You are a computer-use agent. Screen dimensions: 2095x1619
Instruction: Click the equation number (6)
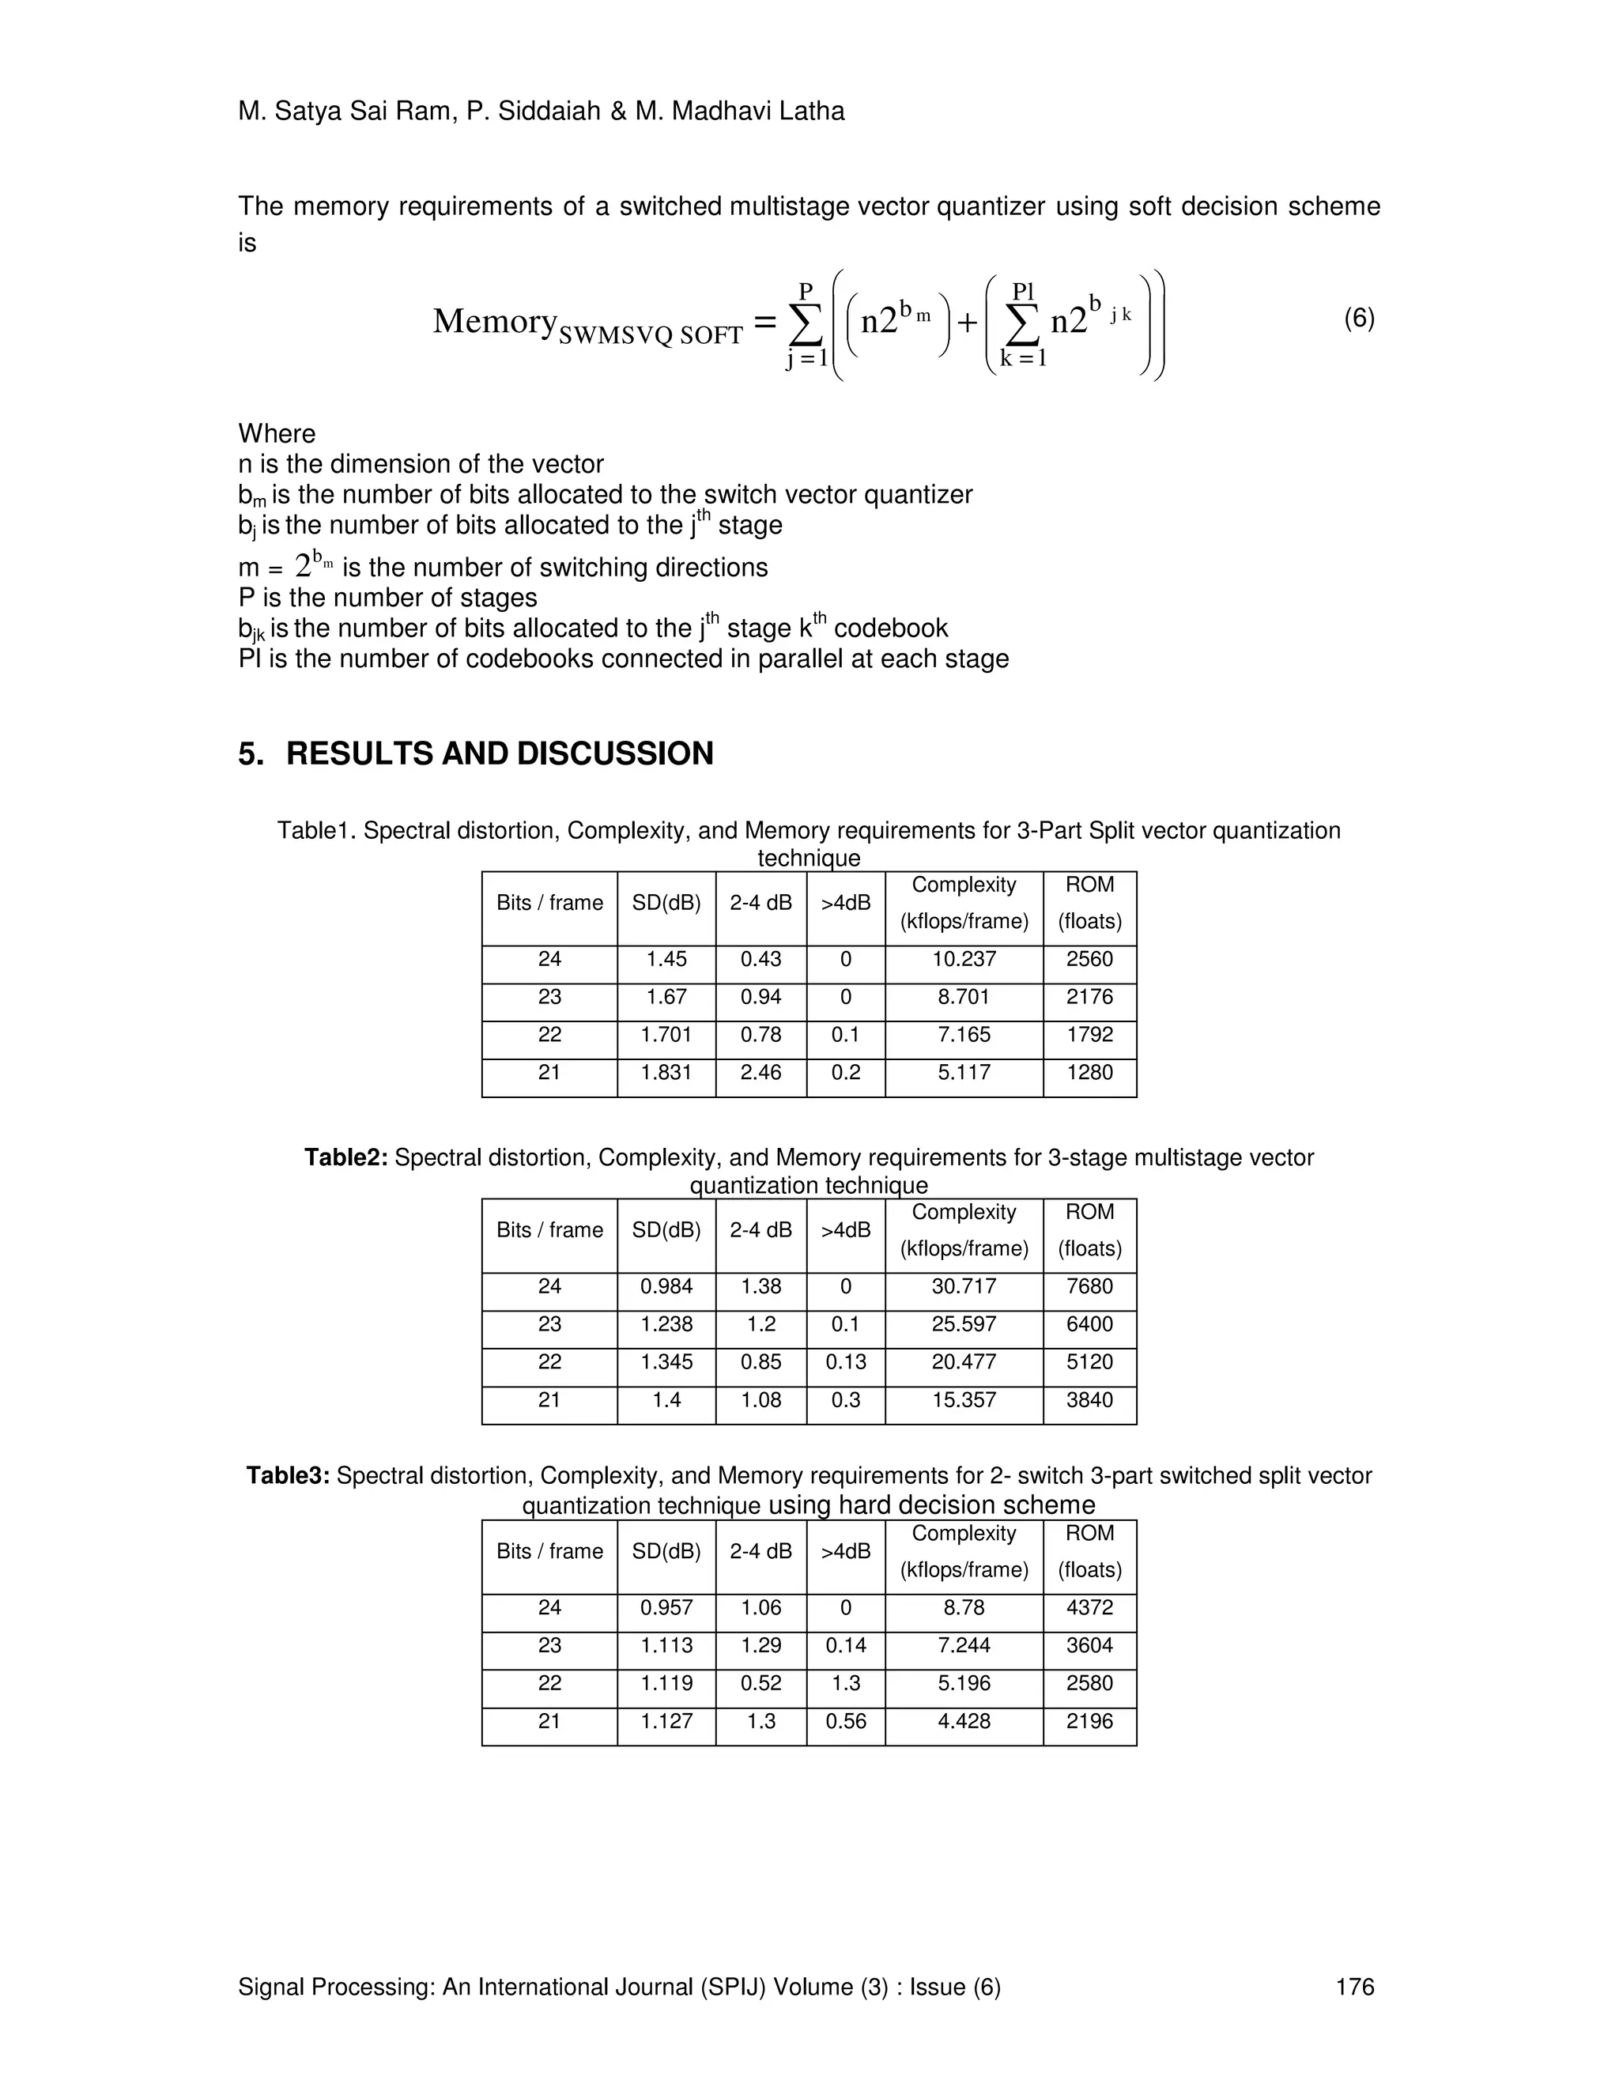click(1358, 319)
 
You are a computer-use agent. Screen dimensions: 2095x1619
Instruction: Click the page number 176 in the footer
click(1354, 1987)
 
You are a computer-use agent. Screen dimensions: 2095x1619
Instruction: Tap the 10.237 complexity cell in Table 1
click(963, 959)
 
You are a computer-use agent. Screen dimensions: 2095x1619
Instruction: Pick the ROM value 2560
click(1089, 959)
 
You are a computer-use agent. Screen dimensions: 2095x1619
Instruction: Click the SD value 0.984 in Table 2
click(666, 1286)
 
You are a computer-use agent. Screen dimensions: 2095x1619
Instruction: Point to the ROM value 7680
click(1089, 1286)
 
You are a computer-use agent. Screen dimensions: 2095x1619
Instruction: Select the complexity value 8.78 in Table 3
click(963, 1608)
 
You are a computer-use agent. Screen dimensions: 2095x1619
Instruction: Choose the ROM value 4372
click(1089, 1608)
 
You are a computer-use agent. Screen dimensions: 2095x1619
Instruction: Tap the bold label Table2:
click(345, 1158)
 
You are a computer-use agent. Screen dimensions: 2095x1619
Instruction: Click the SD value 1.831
click(666, 1073)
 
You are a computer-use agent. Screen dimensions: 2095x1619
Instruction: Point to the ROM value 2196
click(1089, 1721)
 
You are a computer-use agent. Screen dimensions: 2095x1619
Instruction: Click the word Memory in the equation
click(493, 321)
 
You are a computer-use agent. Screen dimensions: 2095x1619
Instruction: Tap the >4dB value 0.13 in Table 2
click(845, 1362)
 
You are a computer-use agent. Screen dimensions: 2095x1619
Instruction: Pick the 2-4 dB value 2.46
click(760, 1073)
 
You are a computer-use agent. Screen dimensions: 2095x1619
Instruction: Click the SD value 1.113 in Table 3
click(666, 1645)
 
